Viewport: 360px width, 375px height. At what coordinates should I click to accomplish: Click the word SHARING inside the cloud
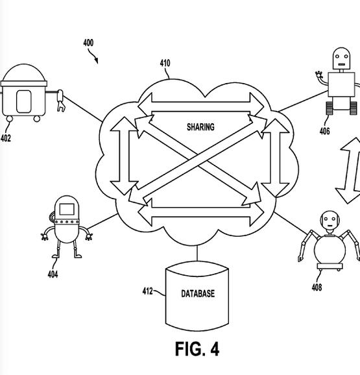tap(200, 127)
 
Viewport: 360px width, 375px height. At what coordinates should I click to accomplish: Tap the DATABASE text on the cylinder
tap(198, 293)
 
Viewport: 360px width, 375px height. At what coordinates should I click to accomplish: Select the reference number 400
tap(88, 43)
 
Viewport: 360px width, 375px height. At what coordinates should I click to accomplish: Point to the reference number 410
tap(165, 63)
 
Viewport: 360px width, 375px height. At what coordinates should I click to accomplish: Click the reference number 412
tap(147, 291)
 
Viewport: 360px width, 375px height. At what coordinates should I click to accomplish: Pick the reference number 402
tap(6, 138)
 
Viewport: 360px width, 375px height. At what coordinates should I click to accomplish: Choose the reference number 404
tap(53, 274)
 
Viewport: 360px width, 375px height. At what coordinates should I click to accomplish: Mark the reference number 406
tap(324, 131)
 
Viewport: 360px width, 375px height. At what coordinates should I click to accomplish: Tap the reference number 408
tap(317, 287)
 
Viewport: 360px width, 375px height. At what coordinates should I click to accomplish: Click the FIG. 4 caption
tap(197, 349)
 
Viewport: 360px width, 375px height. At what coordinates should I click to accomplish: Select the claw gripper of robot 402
tap(61, 101)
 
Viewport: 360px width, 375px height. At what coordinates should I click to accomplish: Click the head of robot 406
tap(341, 58)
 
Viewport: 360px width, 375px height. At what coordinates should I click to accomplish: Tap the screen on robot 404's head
tap(67, 210)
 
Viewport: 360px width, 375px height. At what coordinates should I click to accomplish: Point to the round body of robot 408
tap(330, 250)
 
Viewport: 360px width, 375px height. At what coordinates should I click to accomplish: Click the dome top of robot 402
tap(23, 73)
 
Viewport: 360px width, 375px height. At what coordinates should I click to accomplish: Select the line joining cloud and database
tap(197, 254)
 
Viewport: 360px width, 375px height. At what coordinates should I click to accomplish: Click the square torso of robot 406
tap(341, 84)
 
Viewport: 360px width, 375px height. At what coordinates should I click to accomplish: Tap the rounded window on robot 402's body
tap(23, 101)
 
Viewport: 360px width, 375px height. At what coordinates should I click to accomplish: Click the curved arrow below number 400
tap(93, 56)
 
